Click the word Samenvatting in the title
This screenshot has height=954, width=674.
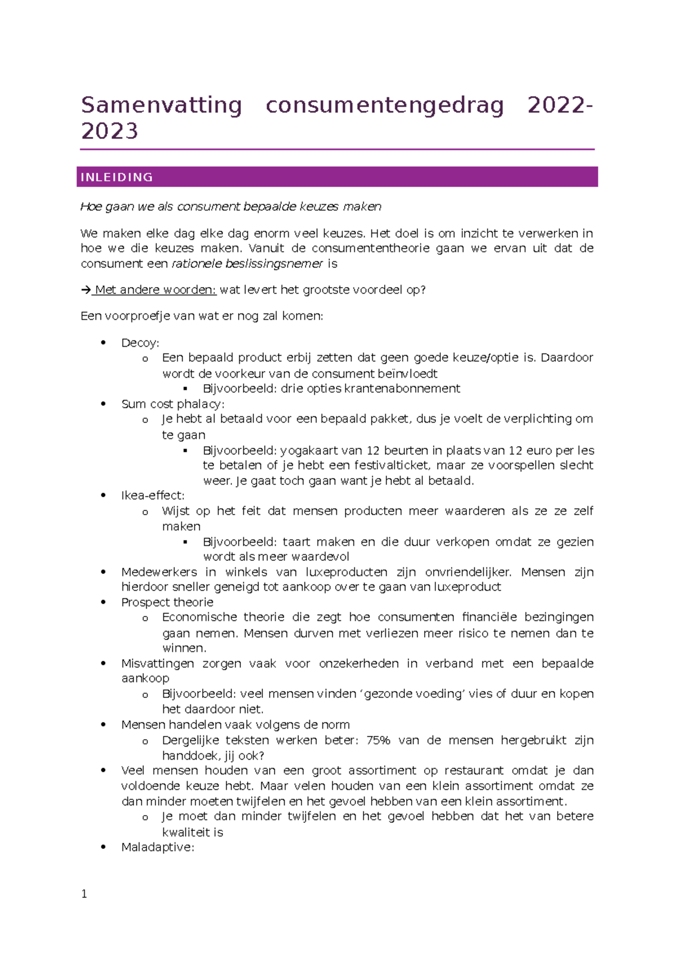pos(161,106)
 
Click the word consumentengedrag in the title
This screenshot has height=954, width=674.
pos(385,106)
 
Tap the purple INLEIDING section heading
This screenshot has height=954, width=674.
pos(117,178)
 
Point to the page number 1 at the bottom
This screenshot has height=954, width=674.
pos(84,894)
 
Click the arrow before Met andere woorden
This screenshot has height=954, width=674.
pos(85,290)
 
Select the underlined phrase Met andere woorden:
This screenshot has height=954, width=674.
pos(155,290)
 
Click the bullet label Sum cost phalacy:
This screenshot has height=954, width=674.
pos(172,404)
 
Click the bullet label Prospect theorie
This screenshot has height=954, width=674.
pos(167,602)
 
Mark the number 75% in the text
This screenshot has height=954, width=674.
pos(378,741)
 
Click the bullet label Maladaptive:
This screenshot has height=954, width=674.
pos(158,847)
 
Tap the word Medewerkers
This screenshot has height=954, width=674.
pos(159,572)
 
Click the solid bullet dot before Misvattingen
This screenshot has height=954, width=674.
pos(103,664)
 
